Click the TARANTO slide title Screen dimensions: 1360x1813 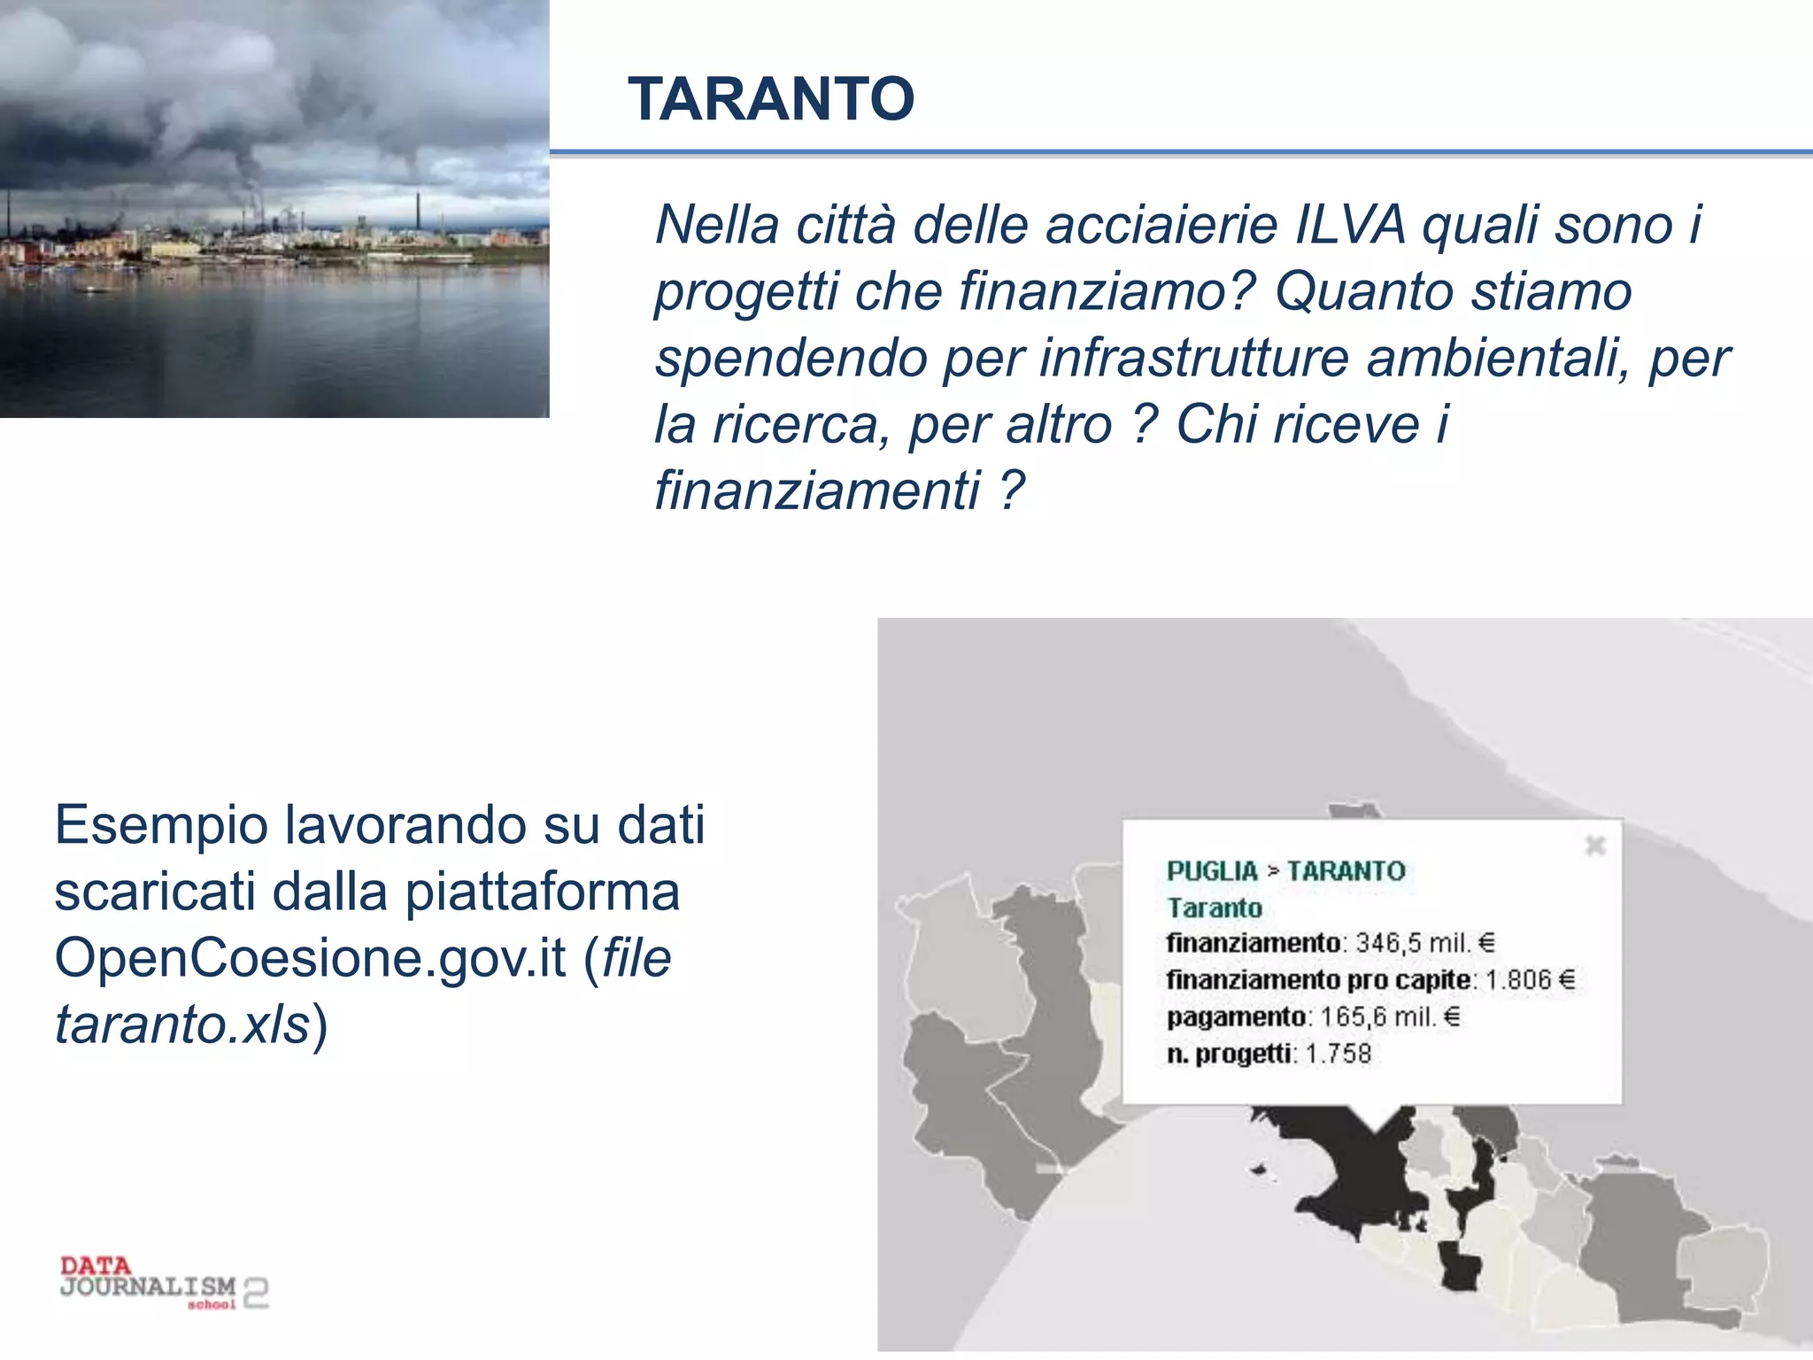pos(771,98)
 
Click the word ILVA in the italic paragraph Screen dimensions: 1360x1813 pos(1349,225)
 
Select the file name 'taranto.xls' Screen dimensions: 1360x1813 pos(181,1024)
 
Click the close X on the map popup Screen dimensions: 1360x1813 pos(1595,846)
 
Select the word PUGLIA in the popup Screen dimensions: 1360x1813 pos(1212,871)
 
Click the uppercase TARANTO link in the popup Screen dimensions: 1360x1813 pos(1346,871)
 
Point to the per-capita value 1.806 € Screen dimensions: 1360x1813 pos(1531,980)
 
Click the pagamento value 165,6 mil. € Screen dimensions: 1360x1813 pos(1390,1016)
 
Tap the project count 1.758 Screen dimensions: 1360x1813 pos(1338,1054)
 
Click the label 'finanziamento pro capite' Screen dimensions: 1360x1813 pos(1318,980)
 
